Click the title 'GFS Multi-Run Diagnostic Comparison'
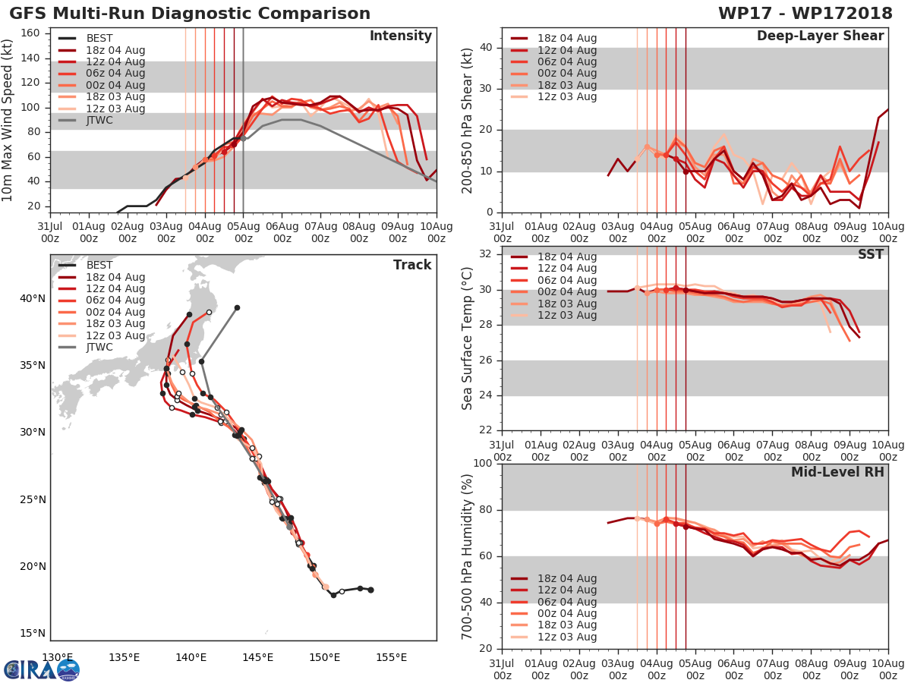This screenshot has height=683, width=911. [190, 14]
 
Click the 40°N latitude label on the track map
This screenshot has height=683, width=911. [31, 298]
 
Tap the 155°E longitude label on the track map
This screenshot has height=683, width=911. [391, 657]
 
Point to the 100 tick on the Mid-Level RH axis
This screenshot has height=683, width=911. [483, 464]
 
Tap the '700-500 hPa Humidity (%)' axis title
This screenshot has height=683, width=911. [468, 556]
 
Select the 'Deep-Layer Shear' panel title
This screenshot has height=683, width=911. [820, 36]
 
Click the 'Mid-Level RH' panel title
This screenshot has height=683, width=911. [837, 472]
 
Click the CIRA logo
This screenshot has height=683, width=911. [42, 669]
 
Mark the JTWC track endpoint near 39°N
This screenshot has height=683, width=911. [237, 307]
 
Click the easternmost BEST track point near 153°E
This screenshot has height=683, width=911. [370, 590]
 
